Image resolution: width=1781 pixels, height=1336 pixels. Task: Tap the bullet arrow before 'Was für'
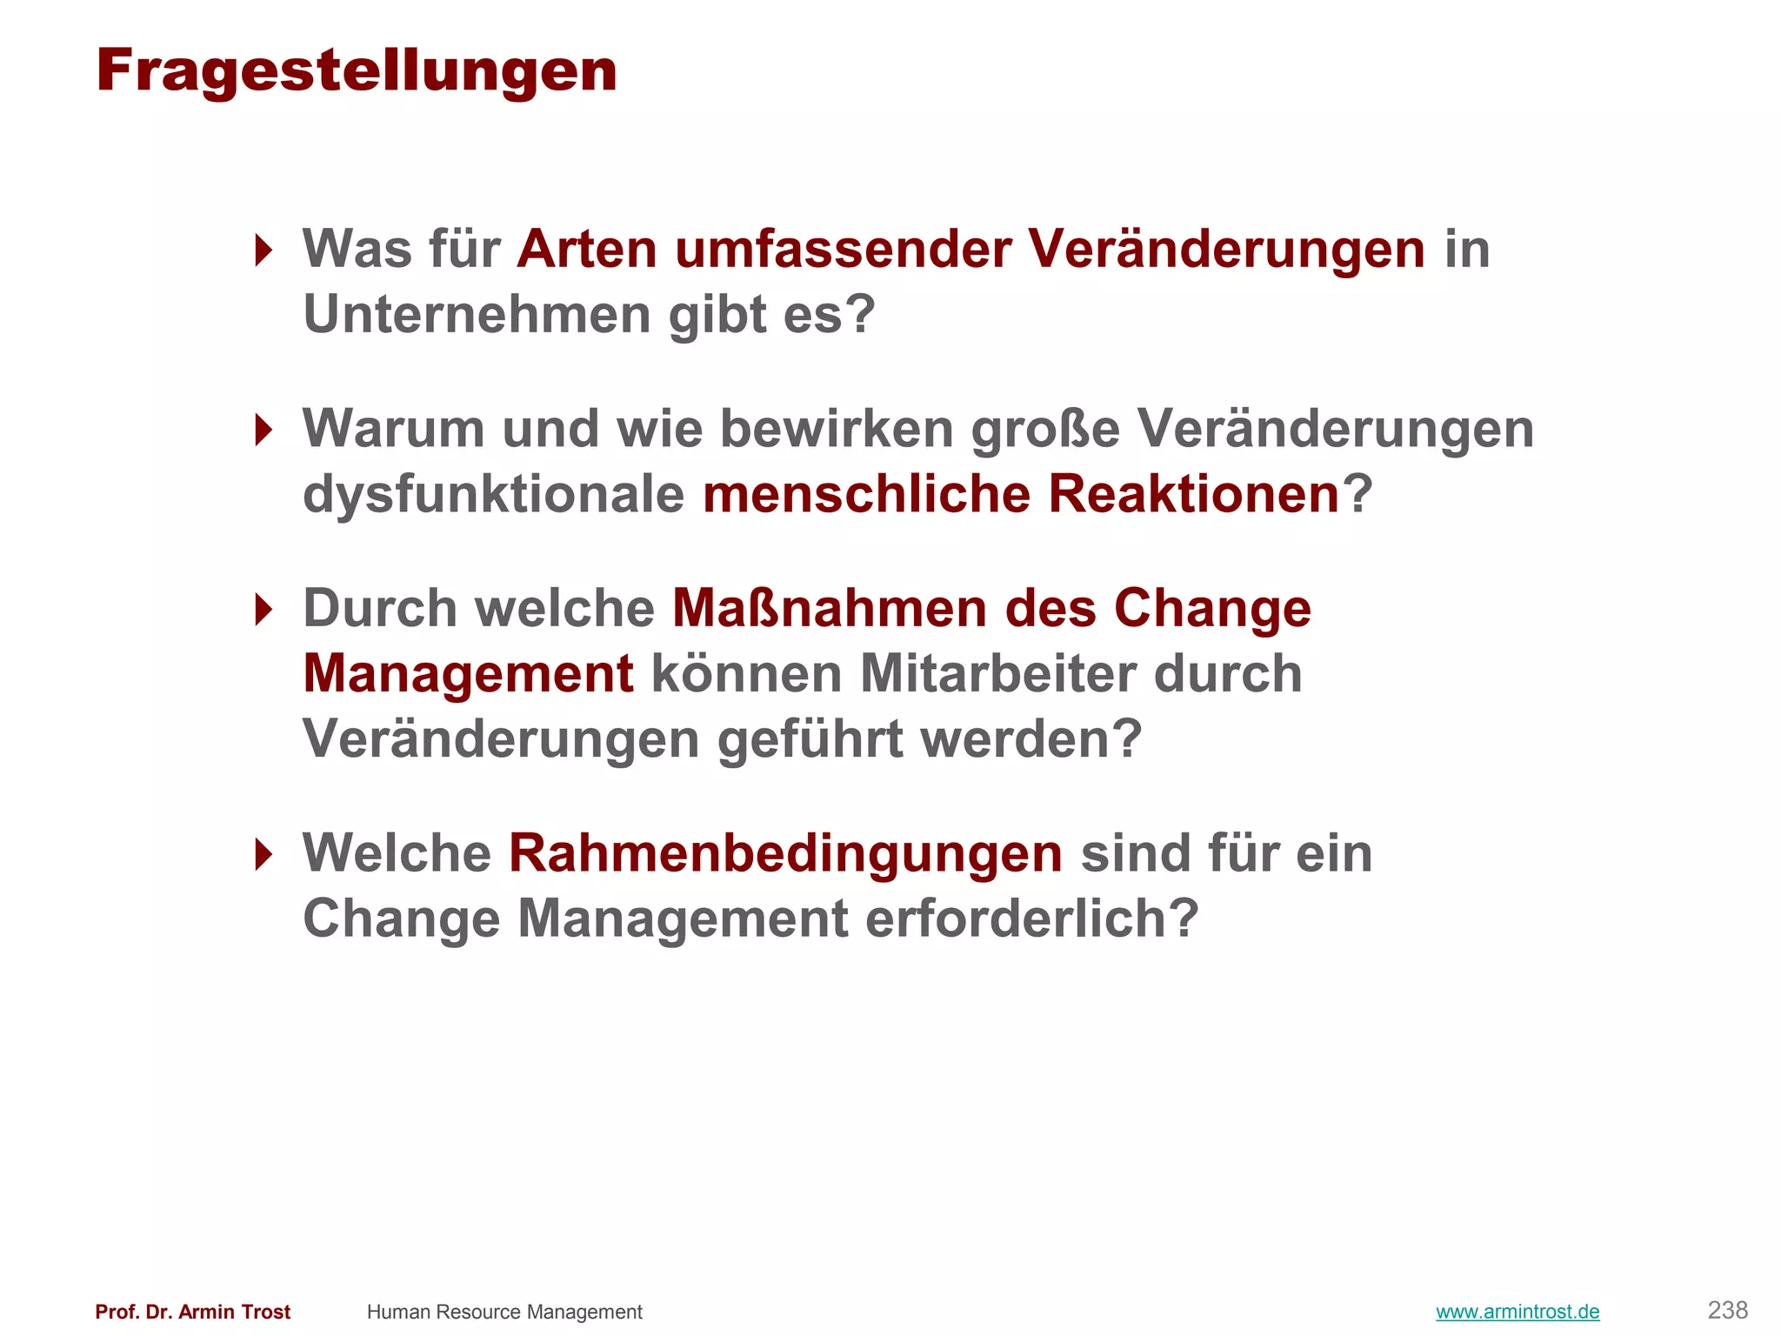263,250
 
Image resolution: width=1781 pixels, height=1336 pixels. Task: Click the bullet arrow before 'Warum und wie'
263,429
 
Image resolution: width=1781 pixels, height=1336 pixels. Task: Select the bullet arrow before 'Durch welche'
263,609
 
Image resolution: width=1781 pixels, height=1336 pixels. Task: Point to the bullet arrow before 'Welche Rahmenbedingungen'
263,854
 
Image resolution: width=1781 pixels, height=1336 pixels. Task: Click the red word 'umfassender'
843,250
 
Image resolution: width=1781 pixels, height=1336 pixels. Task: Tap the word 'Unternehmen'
477,315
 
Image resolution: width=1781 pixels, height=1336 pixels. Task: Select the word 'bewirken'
837,429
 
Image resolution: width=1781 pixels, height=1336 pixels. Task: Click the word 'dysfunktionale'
493,495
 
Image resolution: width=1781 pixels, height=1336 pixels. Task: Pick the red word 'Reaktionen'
1193,495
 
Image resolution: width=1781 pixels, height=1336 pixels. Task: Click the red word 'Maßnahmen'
830,609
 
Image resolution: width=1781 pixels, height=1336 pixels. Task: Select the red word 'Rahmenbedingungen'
785,854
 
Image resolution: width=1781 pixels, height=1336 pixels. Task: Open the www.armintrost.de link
1518,1312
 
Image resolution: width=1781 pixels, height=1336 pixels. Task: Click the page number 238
1727,1310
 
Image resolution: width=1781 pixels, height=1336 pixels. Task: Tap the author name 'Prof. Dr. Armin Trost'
192,1312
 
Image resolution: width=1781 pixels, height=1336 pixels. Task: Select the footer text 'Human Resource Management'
504,1312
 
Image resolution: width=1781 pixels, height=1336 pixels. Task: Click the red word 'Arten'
587,250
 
